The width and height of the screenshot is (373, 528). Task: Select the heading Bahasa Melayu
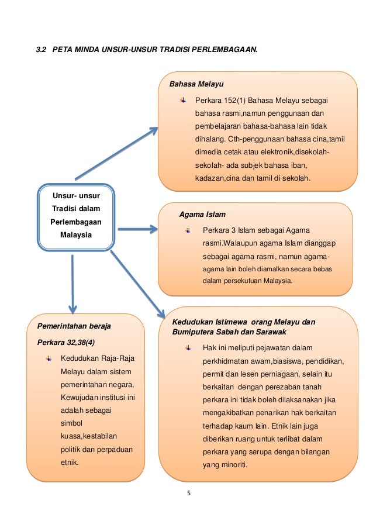pyautogui.click(x=196, y=84)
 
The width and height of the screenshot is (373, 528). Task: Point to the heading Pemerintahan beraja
pyautogui.click(x=74, y=325)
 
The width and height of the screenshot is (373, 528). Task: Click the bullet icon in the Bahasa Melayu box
pyautogui.click(x=183, y=100)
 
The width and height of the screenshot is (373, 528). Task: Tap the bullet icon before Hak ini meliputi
pyautogui.click(x=188, y=348)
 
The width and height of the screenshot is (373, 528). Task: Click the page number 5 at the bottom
pyautogui.click(x=188, y=492)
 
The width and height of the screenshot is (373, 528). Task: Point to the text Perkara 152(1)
pyautogui.click(x=221, y=100)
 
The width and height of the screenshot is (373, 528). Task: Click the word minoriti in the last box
pyautogui.click(x=233, y=465)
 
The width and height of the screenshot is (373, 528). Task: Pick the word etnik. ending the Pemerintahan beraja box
pyautogui.click(x=71, y=461)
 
